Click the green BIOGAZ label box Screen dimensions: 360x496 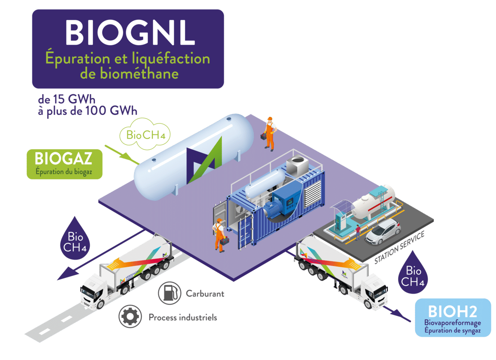[64, 163]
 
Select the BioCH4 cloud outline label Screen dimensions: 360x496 [145, 135]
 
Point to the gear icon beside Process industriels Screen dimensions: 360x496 [130, 316]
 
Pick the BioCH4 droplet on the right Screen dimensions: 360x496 [413, 272]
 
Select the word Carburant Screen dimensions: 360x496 [205, 293]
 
